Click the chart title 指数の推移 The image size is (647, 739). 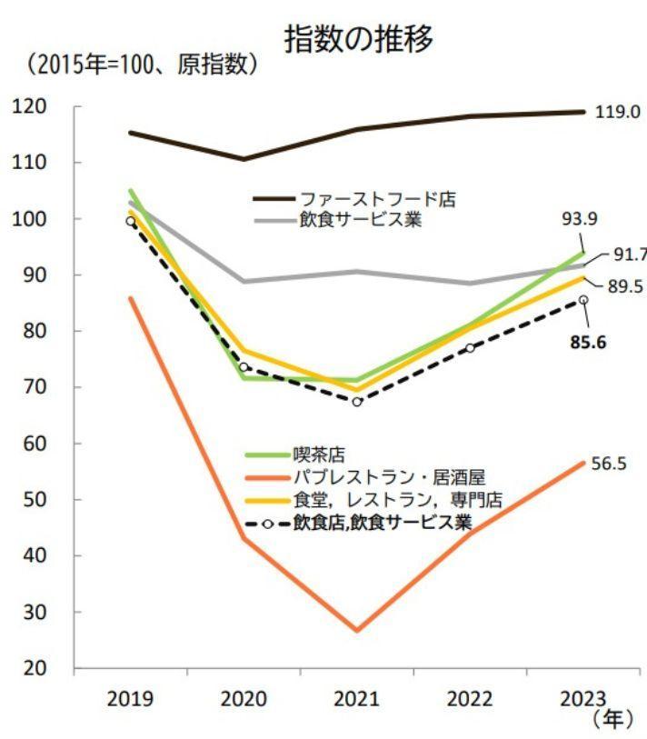358,38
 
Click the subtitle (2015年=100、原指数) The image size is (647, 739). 142,65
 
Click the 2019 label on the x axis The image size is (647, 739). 130,699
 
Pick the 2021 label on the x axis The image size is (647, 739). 356,699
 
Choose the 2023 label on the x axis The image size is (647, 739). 583,699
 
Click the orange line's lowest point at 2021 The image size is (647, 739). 357,630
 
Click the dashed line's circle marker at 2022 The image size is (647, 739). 471,348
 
